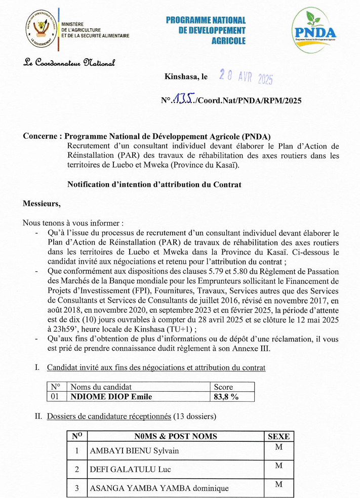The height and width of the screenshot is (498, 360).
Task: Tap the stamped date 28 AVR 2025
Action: (246, 77)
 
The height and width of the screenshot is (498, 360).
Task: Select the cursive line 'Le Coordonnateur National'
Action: (70, 63)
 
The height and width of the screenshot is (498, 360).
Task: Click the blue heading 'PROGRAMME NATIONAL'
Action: (206, 21)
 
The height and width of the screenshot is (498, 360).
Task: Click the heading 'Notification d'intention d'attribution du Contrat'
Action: (154, 185)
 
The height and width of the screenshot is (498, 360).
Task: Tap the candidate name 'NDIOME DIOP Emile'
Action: (111, 397)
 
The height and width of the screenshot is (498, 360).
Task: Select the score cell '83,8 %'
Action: (226, 397)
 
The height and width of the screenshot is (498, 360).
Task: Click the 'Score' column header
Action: (223, 387)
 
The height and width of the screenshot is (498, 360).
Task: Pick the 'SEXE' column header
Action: (278, 436)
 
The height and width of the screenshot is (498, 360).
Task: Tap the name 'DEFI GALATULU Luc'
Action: (130, 470)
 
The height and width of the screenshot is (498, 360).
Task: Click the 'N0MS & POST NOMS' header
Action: (176, 436)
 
